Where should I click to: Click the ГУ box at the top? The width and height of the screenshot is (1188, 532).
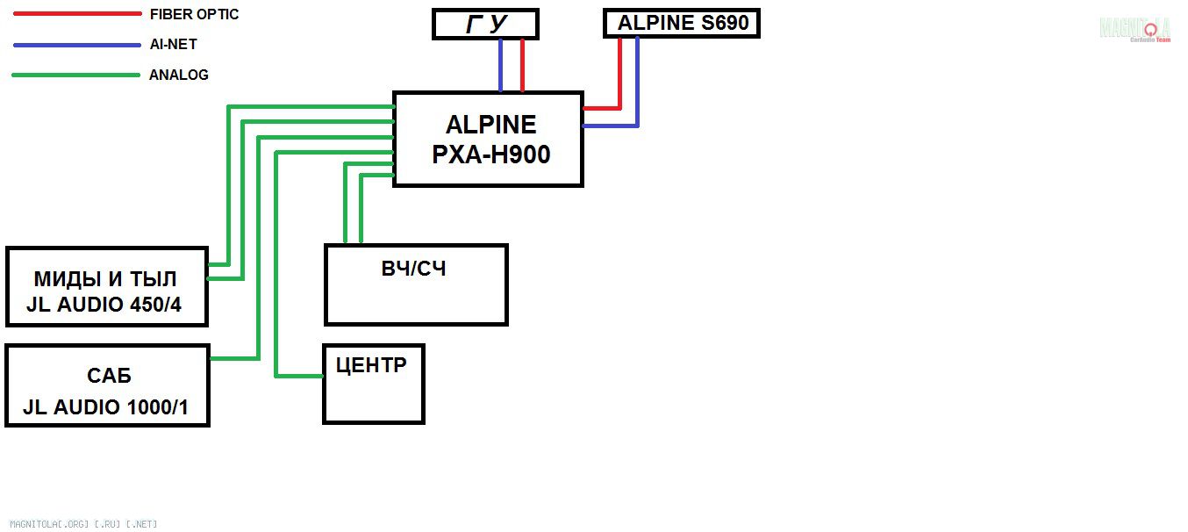tap(485, 25)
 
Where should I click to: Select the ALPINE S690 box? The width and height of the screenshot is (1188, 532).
tap(682, 24)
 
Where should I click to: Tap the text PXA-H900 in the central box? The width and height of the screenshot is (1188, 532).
tap(491, 155)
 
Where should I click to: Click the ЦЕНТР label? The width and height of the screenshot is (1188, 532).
tap(371, 365)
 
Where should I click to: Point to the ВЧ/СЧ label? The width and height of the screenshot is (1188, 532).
tap(414, 269)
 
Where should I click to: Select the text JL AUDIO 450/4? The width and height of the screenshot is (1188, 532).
tap(104, 307)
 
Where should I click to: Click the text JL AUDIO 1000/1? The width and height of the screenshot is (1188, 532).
tap(106, 407)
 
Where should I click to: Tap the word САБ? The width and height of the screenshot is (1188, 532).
tap(109, 377)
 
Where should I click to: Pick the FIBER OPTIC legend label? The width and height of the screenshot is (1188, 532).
tap(194, 14)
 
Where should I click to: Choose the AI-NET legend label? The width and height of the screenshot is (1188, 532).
tap(173, 44)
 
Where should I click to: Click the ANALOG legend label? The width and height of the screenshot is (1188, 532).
tap(179, 75)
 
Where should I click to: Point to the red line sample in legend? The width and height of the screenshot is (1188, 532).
tap(77, 14)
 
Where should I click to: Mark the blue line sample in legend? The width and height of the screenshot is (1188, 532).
tap(77, 44)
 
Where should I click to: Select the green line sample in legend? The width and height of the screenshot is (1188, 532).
tap(77, 75)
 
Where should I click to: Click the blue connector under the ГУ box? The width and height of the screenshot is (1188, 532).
tap(501, 66)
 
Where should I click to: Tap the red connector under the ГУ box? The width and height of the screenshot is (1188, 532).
tap(522, 66)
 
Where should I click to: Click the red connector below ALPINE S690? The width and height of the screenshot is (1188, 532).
tap(619, 74)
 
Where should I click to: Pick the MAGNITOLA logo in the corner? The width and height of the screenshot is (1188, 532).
tap(1135, 28)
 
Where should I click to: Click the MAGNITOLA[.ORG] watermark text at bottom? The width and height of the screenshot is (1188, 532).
tap(83, 524)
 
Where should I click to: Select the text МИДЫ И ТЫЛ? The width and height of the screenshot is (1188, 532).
tap(105, 279)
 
